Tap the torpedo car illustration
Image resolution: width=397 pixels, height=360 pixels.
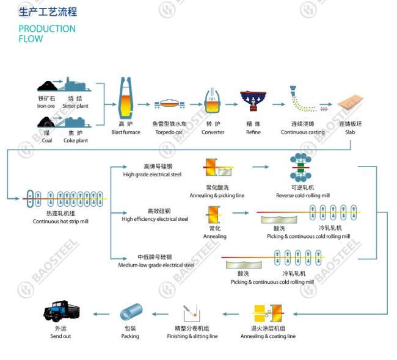tap(169, 104)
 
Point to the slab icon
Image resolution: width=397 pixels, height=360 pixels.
tap(350, 103)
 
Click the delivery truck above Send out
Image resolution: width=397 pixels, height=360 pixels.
tap(62, 311)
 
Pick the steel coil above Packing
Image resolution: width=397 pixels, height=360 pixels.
tap(131, 312)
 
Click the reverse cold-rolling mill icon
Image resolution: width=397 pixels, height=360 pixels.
tap(300, 167)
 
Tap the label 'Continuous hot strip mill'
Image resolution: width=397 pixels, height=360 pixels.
tap(60, 221)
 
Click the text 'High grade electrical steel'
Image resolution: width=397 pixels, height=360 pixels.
tap(152, 175)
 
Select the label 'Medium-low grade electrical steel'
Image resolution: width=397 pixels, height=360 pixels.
tap(156, 265)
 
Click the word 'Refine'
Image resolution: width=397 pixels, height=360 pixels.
tap(253, 132)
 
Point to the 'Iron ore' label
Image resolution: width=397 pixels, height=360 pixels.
tap(46, 106)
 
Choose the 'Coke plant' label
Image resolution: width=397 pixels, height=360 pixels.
tap(76, 140)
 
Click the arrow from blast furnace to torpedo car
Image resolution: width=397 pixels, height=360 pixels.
tap(144, 104)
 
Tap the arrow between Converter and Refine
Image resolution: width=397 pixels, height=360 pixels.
tap(231, 104)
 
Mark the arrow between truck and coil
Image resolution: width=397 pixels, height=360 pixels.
tap(101, 314)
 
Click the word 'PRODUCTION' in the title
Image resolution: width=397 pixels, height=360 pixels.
tap(47, 29)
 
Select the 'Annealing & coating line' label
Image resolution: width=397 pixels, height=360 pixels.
tap(268, 336)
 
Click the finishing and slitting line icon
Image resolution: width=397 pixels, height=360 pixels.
tap(192, 312)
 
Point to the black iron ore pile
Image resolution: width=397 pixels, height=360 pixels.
tap(48, 86)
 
